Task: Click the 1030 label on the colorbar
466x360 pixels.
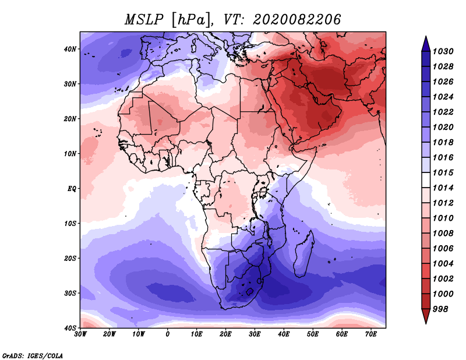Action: (x=443, y=51)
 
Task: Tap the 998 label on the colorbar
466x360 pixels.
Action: (x=440, y=309)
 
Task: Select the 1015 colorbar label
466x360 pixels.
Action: (x=443, y=172)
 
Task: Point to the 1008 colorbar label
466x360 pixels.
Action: (x=443, y=234)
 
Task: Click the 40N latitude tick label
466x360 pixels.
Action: (x=70, y=49)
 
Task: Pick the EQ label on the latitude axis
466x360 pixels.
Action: (x=72, y=189)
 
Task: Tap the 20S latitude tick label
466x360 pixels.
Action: (x=70, y=258)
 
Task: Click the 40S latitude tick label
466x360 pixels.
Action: (x=70, y=328)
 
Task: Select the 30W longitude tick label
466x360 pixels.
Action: (x=80, y=334)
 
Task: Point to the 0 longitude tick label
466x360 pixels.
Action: (x=168, y=334)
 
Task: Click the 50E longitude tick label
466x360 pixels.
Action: (x=313, y=334)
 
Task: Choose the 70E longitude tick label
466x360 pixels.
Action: (x=370, y=334)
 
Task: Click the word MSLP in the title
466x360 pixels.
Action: (x=144, y=20)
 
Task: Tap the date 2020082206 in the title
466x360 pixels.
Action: (x=296, y=20)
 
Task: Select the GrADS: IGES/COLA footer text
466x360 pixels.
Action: (x=33, y=355)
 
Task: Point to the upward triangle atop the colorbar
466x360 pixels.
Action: (x=426, y=44)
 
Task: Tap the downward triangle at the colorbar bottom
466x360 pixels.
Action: (x=426, y=316)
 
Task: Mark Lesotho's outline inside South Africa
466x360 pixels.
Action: (x=250, y=292)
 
